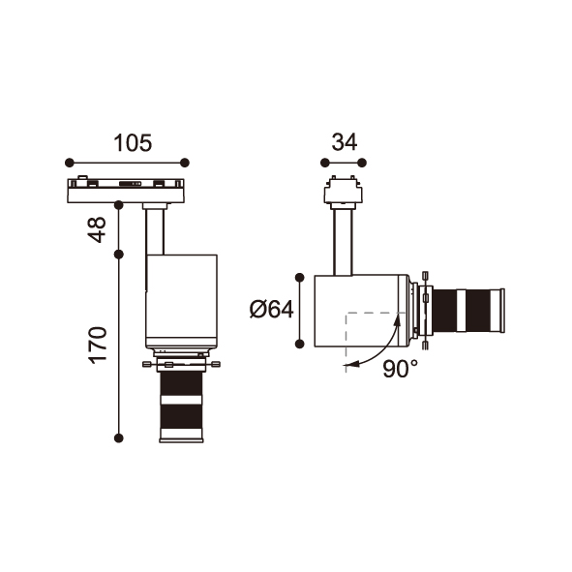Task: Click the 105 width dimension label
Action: (x=133, y=142)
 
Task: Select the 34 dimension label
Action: (x=344, y=142)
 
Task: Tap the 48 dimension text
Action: (x=98, y=229)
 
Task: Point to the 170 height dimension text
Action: (x=98, y=345)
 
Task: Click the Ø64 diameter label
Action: (x=271, y=310)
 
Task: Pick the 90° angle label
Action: (x=400, y=369)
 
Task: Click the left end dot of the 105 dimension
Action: (x=70, y=163)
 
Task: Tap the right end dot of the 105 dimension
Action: (x=185, y=163)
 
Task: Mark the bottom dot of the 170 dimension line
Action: (x=118, y=437)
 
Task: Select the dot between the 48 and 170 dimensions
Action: (x=118, y=255)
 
